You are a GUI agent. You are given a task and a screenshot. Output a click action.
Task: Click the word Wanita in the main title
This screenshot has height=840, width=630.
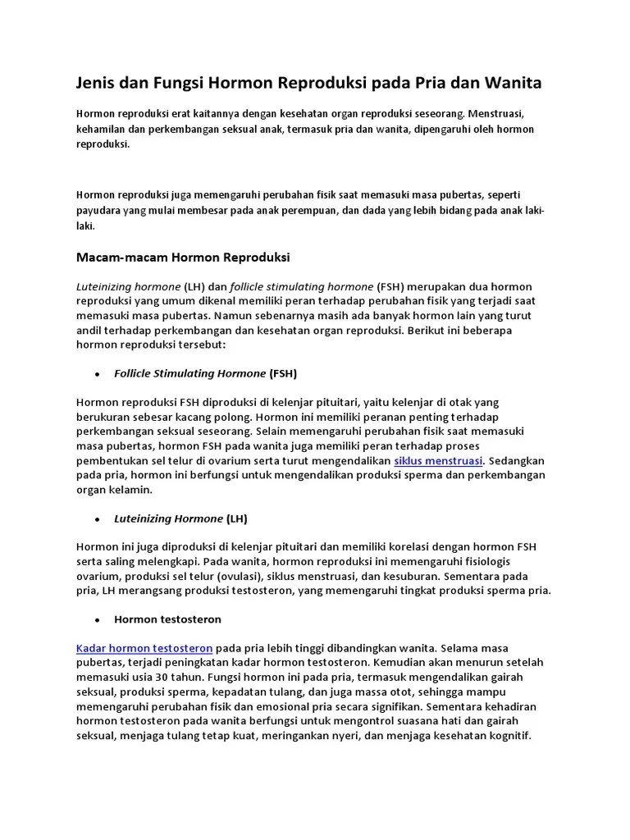coord(510,84)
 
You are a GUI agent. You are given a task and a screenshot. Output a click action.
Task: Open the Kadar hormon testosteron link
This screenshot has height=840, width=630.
coord(144,647)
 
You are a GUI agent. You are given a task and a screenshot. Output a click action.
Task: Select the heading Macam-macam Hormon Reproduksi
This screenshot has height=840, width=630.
coord(183,258)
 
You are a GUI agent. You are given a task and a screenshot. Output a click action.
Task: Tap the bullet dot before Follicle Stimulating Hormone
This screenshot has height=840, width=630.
coord(98,374)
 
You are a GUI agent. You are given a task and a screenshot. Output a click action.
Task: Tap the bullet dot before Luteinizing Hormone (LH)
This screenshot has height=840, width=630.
coord(98,519)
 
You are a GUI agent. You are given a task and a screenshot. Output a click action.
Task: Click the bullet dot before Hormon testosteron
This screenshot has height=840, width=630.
coord(98,620)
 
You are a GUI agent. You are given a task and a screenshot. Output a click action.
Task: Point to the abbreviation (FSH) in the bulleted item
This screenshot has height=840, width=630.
coord(283,373)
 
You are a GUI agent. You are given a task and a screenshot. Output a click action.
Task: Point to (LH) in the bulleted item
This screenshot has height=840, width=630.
coord(236,518)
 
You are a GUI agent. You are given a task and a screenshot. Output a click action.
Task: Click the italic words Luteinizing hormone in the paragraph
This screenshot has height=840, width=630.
coord(128,286)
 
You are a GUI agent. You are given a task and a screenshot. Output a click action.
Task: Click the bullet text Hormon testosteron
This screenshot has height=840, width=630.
coord(167,619)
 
